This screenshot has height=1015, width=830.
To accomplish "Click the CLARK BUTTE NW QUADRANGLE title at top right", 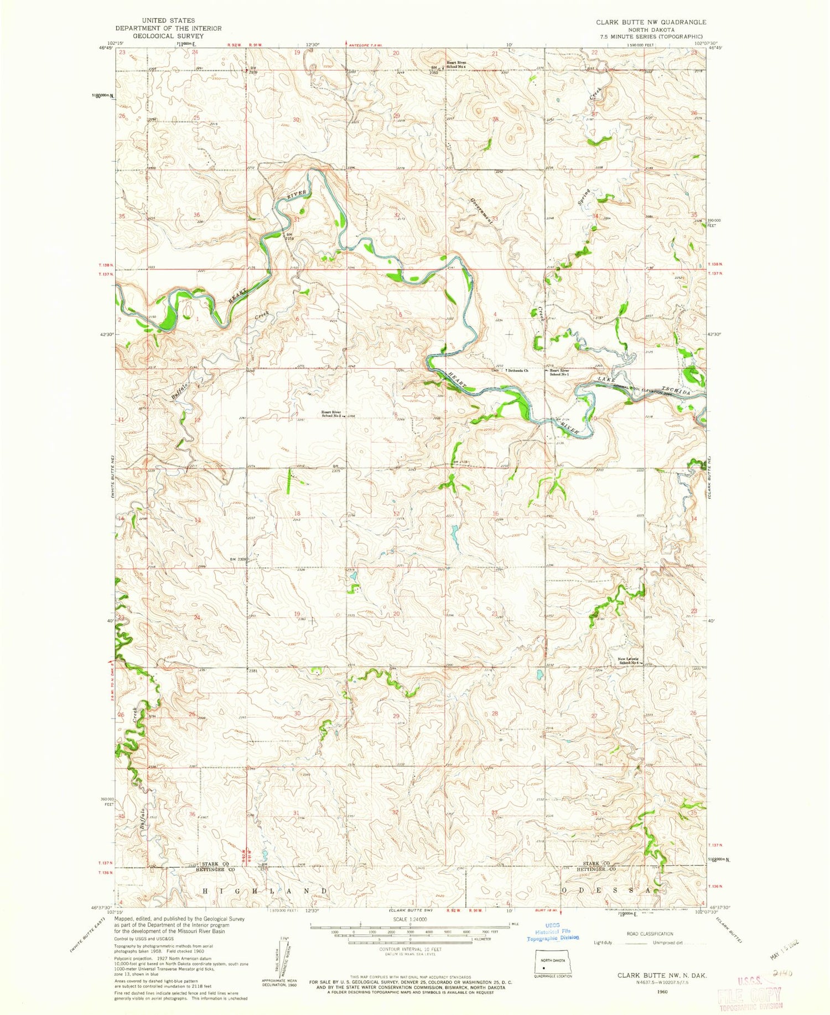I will coord(651,22).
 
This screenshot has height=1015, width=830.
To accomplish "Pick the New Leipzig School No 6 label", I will coord(630,661).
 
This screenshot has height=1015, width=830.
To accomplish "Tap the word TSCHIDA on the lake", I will coord(676,390).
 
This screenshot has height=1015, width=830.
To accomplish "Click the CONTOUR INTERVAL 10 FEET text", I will coord(409,949).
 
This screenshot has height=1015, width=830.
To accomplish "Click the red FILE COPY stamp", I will coord(750,997).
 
